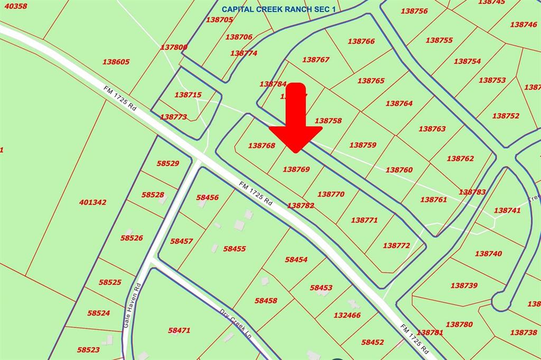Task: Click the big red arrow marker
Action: pyautogui.click(x=296, y=119)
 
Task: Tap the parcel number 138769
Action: pyautogui.click(x=296, y=169)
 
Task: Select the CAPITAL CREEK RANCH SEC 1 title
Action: pyautogui.click(x=278, y=9)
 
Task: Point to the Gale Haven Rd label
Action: pyautogui.click(x=133, y=307)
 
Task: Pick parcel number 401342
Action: pyautogui.click(x=93, y=202)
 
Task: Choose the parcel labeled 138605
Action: pyautogui.click(x=116, y=62)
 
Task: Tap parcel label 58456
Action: pyautogui.click(x=207, y=197)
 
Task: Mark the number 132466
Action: pyautogui.click(x=347, y=315)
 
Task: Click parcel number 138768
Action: pyautogui.click(x=262, y=146)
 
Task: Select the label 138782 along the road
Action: pyautogui.click(x=301, y=205)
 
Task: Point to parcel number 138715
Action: pyautogui.click(x=188, y=95)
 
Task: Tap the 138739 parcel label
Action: pyautogui.click(x=464, y=286)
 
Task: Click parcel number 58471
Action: pyautogui.click(x=179, y=330)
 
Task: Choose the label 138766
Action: pyautogui.click(x=361, y=41)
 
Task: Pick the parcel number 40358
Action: pyautogui.click(x=15, y=6)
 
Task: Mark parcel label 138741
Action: pyautogui.click(x=507, y=210)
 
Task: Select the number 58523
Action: pyautogui.click(x=88, y=349)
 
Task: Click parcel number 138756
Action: pyautogui.click(x=414, y=11)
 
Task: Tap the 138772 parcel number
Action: pyautogui.click(x=396, y=245)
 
